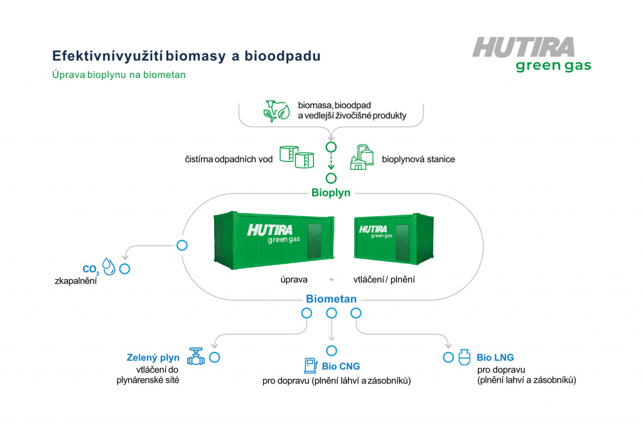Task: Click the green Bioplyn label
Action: pyautogui.click(x=330, y=193)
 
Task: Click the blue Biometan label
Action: pyautogui.click(x=331, y=299)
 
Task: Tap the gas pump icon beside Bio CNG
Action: pyautogui.click(x=310, y=365)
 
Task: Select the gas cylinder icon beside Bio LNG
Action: pyautogui.click(x=464, y=357)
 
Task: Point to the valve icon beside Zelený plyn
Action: pyautogui.click(x=196, y=356)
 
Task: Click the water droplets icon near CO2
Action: pyautogui.click(x=109, y=266)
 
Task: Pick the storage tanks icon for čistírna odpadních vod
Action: pyautogui.click(x=297, y=156)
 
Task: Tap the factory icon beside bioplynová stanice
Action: pyautogui.click(x=362, y=157)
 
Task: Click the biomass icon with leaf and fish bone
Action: pyautogui.click(x=276, y=111)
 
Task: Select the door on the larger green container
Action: pyautogui.click(x=314, y=241)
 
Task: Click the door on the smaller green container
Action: pyautogui.click(x=403, y=243)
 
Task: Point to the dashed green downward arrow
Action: pyautogui.click(x=331, y=161)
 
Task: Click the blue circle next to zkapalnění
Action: pyautogui.click(x=125, y=269)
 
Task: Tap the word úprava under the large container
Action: pyautogui.click(x=294, y=280)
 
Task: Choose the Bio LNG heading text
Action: pyautogui.click(x=495, y=358)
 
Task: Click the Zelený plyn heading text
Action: pyautogui.click(x=153, y=358)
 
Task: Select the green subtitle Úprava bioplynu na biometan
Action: pyautogui.click(x=119, y=75)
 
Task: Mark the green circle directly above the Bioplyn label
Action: pyautogui.click(x=331, y=178)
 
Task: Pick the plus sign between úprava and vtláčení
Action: pyautogui.click(x=332, y=280)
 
